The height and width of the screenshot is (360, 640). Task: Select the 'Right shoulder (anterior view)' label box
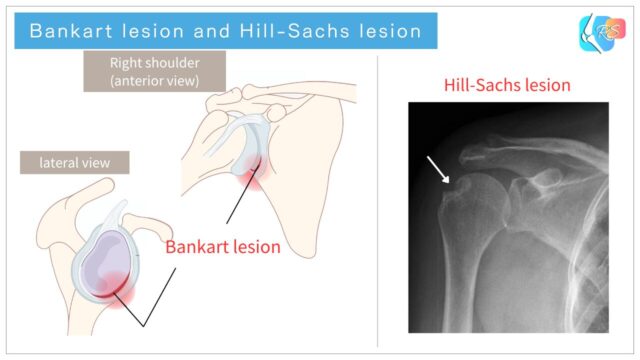click(x=154, y=71)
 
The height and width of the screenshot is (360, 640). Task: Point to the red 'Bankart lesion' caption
click(x=222, y=245)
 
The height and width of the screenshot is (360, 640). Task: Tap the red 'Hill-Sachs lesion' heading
click(x=507, y=85)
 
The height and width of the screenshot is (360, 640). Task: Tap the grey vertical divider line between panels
click(x=379, y=200)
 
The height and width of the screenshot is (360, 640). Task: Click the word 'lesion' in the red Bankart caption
click(x=253, y=245)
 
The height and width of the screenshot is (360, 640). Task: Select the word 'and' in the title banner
click(x=197, y=31)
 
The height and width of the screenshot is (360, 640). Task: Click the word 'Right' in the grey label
click(x=126, y=63)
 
